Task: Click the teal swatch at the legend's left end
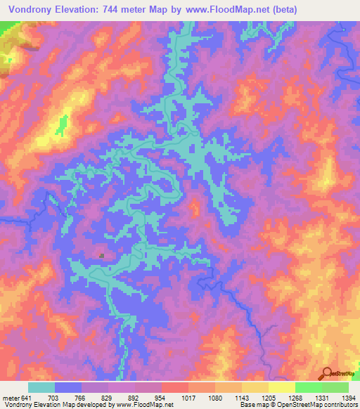click(x=41, y=387)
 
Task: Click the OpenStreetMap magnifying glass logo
click(x=326, y=373)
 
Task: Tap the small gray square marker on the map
click(x=102, y=256)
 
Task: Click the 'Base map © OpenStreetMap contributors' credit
click(x=297, y=405)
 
